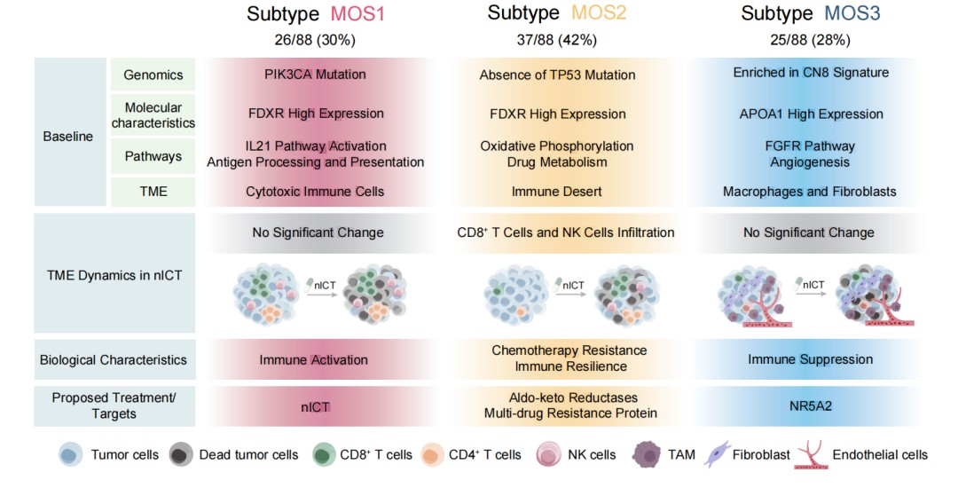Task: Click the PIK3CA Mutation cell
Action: pos(315,75)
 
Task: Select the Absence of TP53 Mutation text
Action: pos(557,75)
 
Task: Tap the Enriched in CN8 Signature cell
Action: pos(811,73)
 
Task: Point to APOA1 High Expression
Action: pos(811,114)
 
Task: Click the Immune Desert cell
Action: pos(557,191)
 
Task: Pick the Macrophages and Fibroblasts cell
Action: pos(810,191)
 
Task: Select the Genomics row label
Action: pos(153,75)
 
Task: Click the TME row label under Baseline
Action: pos(153,191)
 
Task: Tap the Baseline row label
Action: pos(68,138)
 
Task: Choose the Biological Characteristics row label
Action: pos(114,360)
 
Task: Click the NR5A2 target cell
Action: pos(810,406)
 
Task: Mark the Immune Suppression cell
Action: pos(810,359)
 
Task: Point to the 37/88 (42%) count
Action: pos(557,40)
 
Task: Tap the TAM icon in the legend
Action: pos(648,455)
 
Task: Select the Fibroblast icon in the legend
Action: pos(718,455)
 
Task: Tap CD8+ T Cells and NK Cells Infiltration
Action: pos(566,232)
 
